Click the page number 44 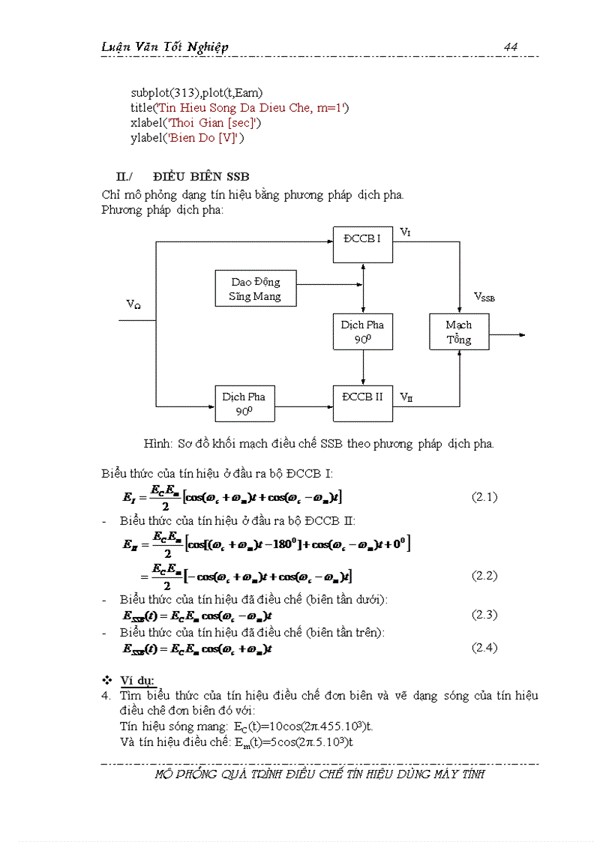click(511, 46)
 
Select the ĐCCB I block click(363, 243)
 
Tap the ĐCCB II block click(363, 403)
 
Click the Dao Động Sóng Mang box click(256, 289)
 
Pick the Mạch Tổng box click(459, 332)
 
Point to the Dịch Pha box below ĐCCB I click(363, 332)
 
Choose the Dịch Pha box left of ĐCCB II click(244, 403)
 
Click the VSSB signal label click(484, 298)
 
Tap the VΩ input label click(133, 304)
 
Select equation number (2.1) click(484, 496)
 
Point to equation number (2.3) click(484, 615)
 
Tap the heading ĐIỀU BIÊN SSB click(201, 176)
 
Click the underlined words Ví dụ click(137, 680)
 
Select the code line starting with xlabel click(196, 122)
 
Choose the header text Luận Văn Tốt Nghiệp click(165, 46)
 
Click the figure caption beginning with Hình click(319, 443)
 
